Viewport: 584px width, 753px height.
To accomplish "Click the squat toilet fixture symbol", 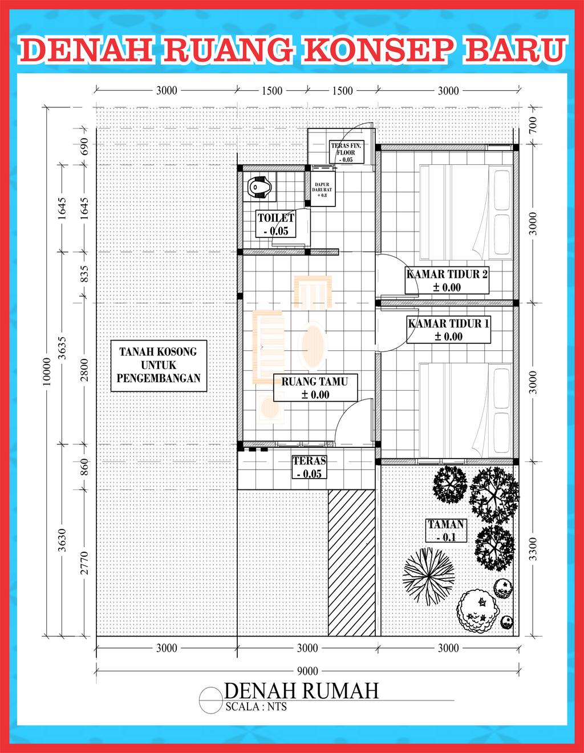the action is (x=260, y=188).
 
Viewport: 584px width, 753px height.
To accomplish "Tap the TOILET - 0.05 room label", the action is (x=275, y=224).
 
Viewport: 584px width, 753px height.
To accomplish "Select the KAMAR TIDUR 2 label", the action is (x=447, y=281).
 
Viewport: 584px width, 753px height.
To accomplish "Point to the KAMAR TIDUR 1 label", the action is (x=449, y=330).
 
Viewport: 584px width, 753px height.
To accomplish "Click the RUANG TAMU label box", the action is (x=315, y=388).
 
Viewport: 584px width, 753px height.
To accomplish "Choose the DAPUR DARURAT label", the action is (x=322, y=189).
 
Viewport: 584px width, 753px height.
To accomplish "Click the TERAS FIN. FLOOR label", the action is (x=346, y=152).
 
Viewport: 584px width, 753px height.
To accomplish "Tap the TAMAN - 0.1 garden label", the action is (x=446, y=531).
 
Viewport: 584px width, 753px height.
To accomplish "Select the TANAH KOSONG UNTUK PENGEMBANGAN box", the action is (x=159, y=366).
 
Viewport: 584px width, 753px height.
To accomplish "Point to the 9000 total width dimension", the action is (x=307, y=671).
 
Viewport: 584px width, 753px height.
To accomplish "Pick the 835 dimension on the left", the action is (x=84, y=274).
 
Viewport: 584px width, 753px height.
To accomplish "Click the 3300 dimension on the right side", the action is (x=533, y=549).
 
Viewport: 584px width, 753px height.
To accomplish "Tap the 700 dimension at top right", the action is (x=533, y=125).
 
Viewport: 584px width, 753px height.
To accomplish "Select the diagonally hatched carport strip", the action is (x=351, y=563).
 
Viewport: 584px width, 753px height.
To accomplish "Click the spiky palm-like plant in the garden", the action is (x=428, y=576).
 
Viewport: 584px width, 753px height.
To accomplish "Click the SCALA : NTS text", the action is (x=256, y=707).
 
